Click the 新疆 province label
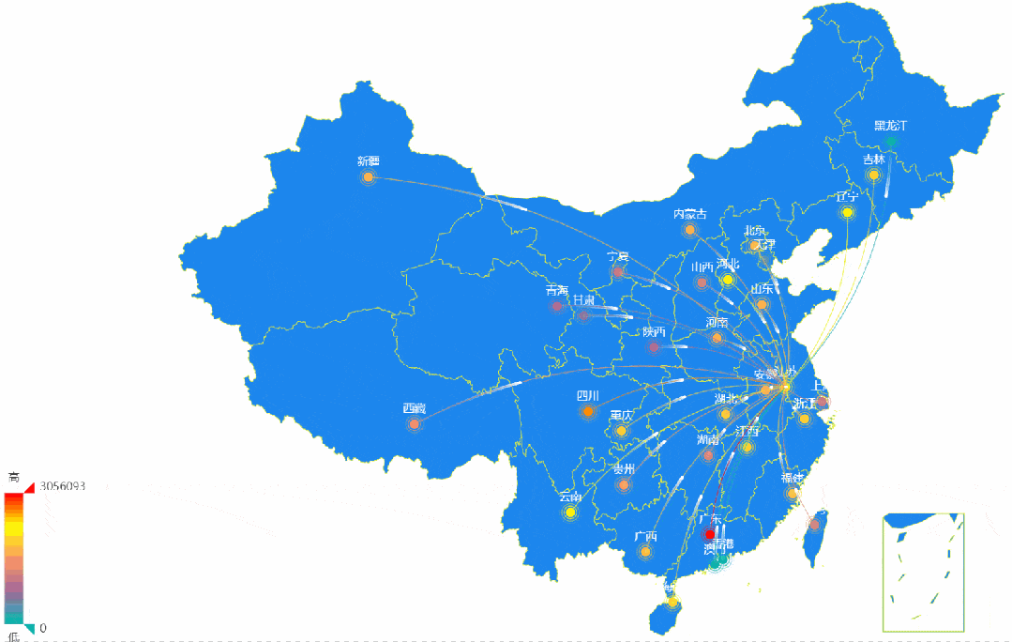(368, 161)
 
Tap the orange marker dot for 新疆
(369, 177)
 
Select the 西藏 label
(414, 408)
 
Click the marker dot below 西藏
(415, 424)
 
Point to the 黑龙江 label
(890, 126)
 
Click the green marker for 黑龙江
(891, 142)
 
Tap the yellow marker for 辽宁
(848, 213)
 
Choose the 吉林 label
(873, 160)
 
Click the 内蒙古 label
(689, 214)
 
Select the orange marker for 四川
(588, 412)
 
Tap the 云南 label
(569, 497)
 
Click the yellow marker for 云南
(570, 513)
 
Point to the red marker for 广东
(710, 534)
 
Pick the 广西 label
(645, 537)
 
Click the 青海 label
(557, 291)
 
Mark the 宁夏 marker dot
(617, 272)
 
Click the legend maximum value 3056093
(63, 486)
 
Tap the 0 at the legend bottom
(43, 628)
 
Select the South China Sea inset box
(924, 572)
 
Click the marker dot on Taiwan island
(814, 525)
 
